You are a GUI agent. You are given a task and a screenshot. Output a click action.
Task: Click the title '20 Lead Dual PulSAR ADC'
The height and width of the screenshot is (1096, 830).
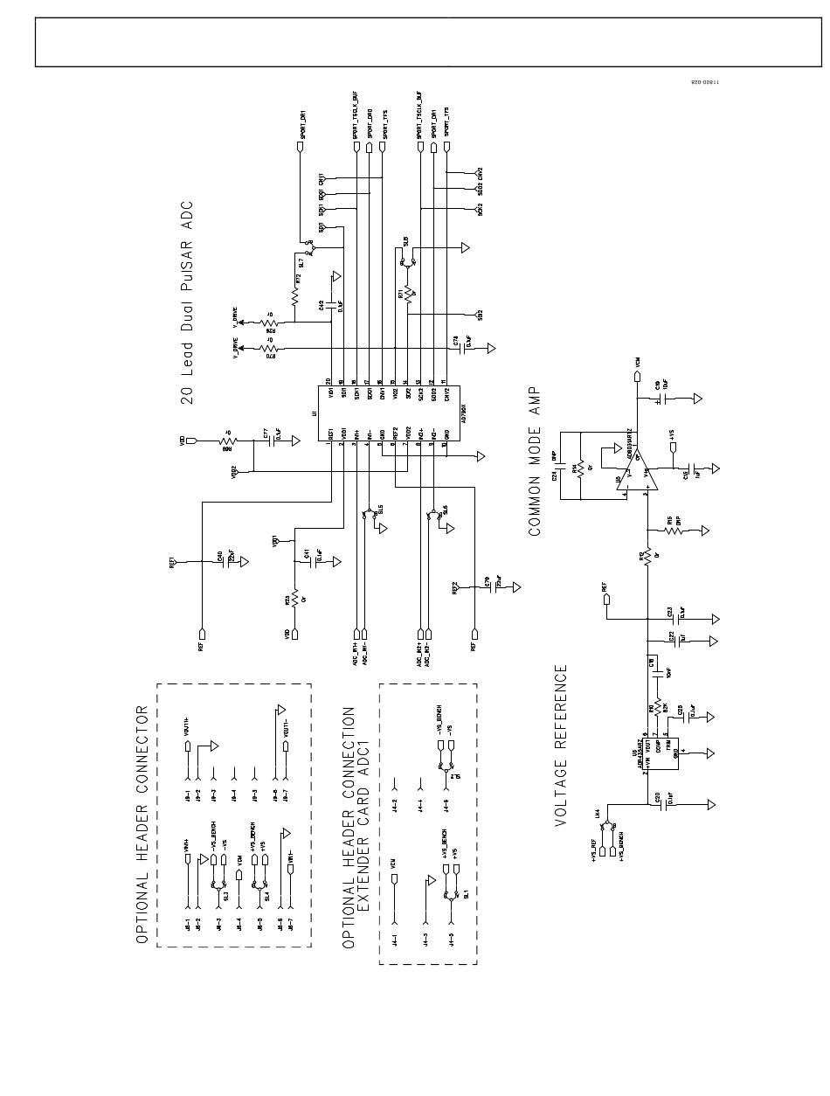click(187, 302)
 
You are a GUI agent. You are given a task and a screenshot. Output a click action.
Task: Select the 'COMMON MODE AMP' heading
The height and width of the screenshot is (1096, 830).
click(535, 461)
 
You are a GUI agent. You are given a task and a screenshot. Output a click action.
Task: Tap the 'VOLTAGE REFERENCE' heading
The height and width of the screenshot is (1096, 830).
click(561, 745)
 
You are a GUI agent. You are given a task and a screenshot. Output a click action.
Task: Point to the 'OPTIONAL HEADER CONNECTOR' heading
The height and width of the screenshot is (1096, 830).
click(142, 823)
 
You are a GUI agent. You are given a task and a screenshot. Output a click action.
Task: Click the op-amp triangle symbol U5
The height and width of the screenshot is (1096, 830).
click(633, 473)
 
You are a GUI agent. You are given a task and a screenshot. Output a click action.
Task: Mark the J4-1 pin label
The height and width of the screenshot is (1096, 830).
click(395, 940)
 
